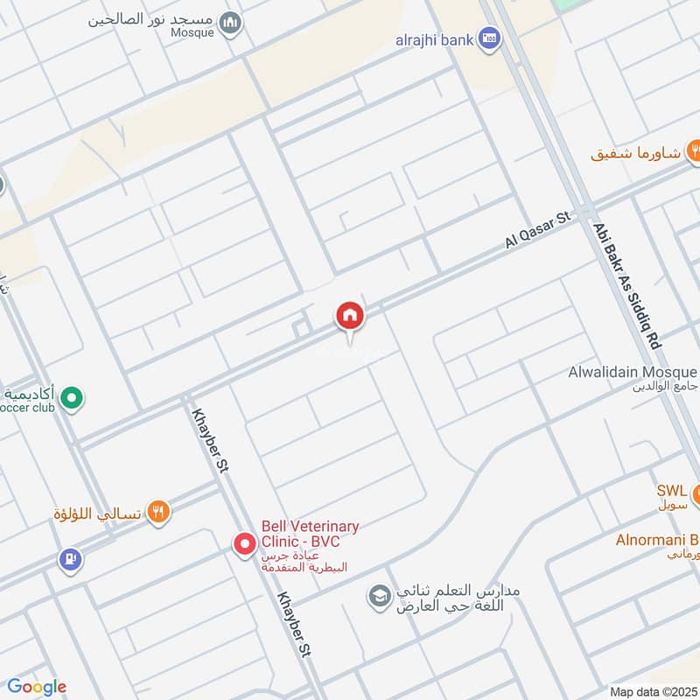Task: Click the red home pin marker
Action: (x=350, y=316)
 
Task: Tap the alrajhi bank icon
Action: (x=491, y=38)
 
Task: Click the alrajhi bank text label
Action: (x=432, y=38)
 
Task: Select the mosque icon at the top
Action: (x=230, y=23)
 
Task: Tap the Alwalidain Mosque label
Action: (x=633, y=373)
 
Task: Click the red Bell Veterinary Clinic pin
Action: (x=244, y=545)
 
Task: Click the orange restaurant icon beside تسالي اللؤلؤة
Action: (x=158, y=513)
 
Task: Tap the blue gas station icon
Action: (x=69, y=557)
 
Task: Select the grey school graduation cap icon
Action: (x=379, y=598)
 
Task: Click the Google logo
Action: (x=36, y=687)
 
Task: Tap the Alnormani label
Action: (x=656, y=539)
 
